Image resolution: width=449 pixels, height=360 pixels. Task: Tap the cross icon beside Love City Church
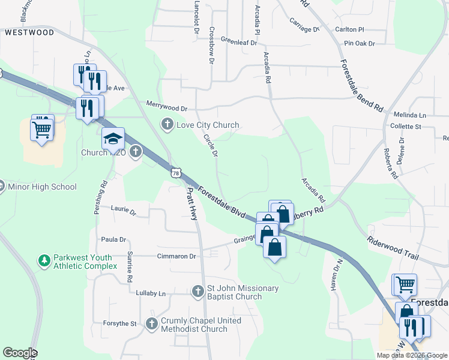point(167,125)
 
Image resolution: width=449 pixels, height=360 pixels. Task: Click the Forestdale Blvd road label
point(222,202)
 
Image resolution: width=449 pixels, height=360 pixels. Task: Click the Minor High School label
point(42,187)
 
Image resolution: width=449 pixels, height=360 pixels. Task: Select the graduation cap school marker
point(113,140)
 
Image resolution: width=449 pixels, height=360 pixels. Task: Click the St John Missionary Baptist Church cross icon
point(198,292)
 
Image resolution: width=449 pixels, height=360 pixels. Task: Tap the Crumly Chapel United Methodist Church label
point(201,325)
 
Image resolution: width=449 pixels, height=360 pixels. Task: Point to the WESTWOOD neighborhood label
point(29,33)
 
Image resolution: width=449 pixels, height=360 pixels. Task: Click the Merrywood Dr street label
point(167,107)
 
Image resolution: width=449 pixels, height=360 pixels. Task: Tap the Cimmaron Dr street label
point(176,256)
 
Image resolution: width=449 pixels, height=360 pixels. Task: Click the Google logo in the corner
point(20,353)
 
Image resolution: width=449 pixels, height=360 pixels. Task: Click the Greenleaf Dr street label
point(238,42)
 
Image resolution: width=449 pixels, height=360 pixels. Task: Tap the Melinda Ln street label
point(409,115)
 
